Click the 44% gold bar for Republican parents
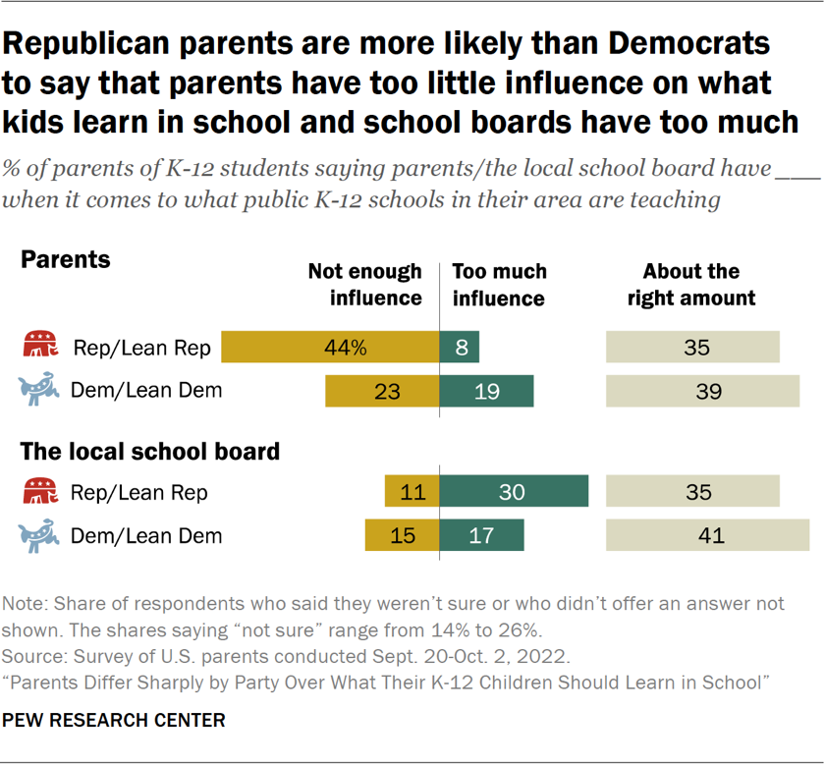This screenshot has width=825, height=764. (x=330, y=348)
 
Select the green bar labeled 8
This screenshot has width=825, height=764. (x=460, y=348)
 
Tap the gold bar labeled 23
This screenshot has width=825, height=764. (x=382, y=390)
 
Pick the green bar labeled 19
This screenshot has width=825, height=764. (x=486, y=390)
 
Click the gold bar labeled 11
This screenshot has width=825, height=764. (x=412, y=492)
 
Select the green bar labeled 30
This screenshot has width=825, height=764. (x=514, y=492)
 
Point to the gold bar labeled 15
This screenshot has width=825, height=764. (x=402, y=535)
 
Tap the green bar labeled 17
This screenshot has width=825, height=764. (x=481, y=535)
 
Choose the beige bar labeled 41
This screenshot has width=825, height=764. (x=707, y=535)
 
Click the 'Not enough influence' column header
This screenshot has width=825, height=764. (x=364, y=284)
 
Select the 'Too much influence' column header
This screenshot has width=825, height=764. (x=499, y=284)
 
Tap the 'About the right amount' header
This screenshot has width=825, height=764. (x=691, y=284)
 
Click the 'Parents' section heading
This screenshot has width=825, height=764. (x=66, y=259)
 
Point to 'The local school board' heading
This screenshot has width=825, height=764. (x=150, y=452)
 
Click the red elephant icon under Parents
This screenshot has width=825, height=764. (x=39, y=348)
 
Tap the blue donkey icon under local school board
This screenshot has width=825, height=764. (x=39, y=535)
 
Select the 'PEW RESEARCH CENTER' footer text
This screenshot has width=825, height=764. (x=114, y=720)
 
